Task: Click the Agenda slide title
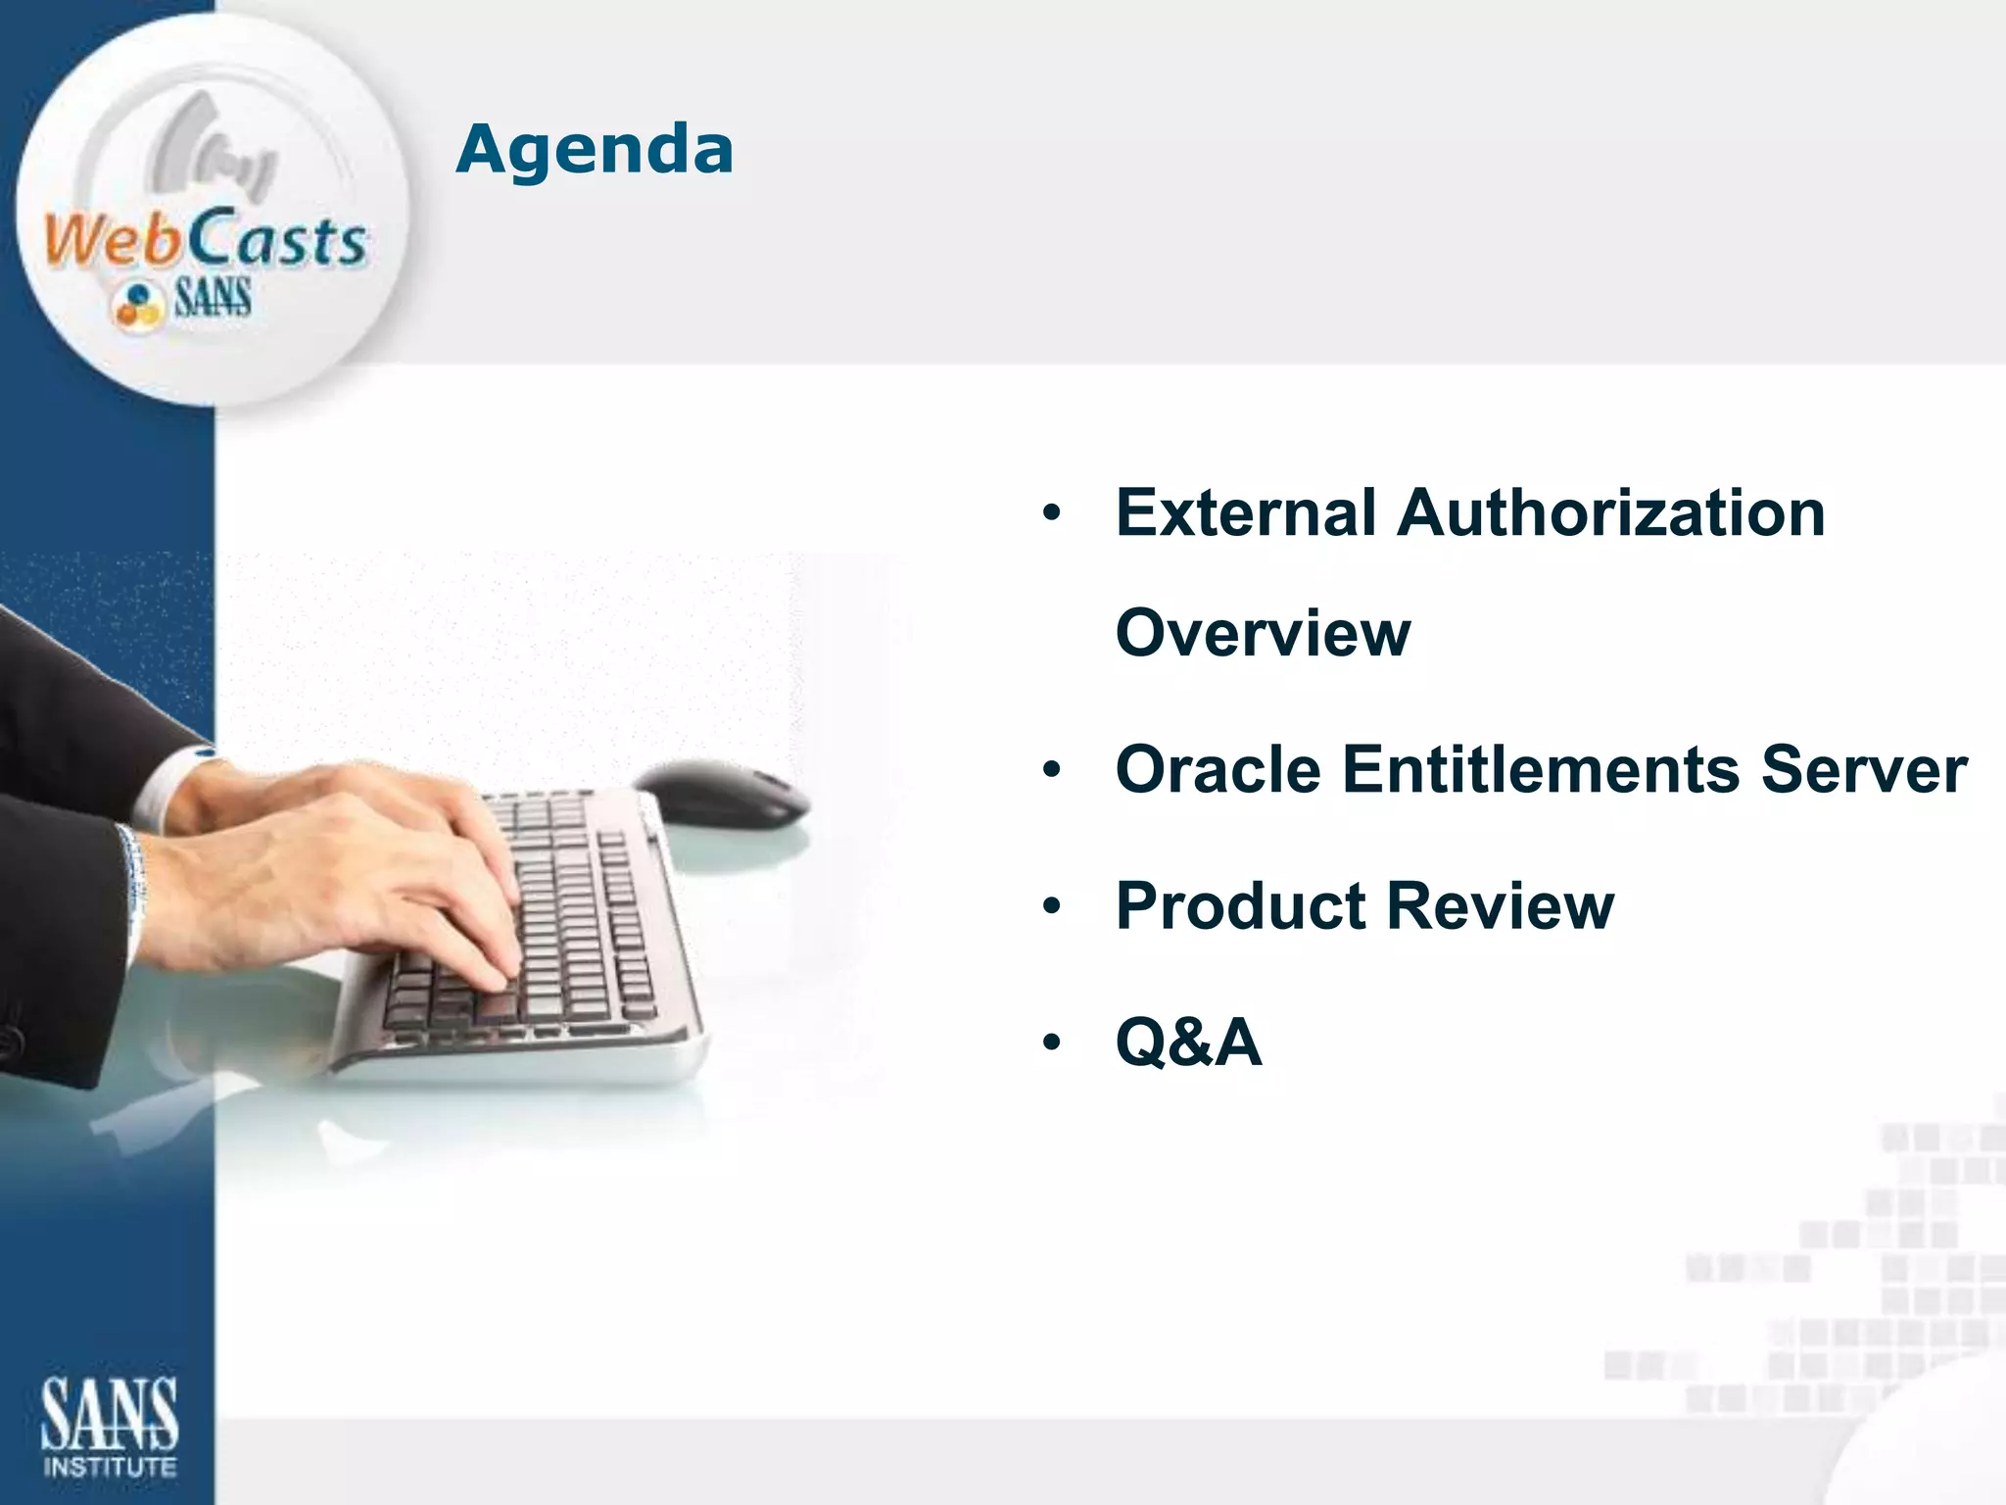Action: [595, 150]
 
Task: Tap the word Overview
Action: [1263, 633]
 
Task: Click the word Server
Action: [1864, 769]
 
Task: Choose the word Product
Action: [1240, 905]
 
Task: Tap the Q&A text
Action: [1188, 1042]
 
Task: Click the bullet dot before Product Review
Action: [1052, 907]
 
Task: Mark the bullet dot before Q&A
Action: [1052, 1043]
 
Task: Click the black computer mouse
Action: [722, 794]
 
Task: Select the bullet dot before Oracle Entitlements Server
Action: [1052, 771]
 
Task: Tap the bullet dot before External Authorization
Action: [1052, 514]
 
